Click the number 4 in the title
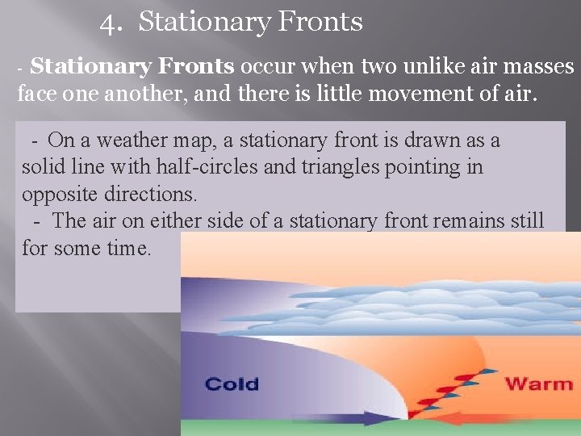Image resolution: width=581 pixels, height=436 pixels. (x=108, y=23)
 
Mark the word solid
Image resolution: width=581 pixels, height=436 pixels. (x=43, y=167)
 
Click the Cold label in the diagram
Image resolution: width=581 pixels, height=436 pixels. (x=232, y=383)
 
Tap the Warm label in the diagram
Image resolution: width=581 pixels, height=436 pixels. (x=538, y=383)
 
